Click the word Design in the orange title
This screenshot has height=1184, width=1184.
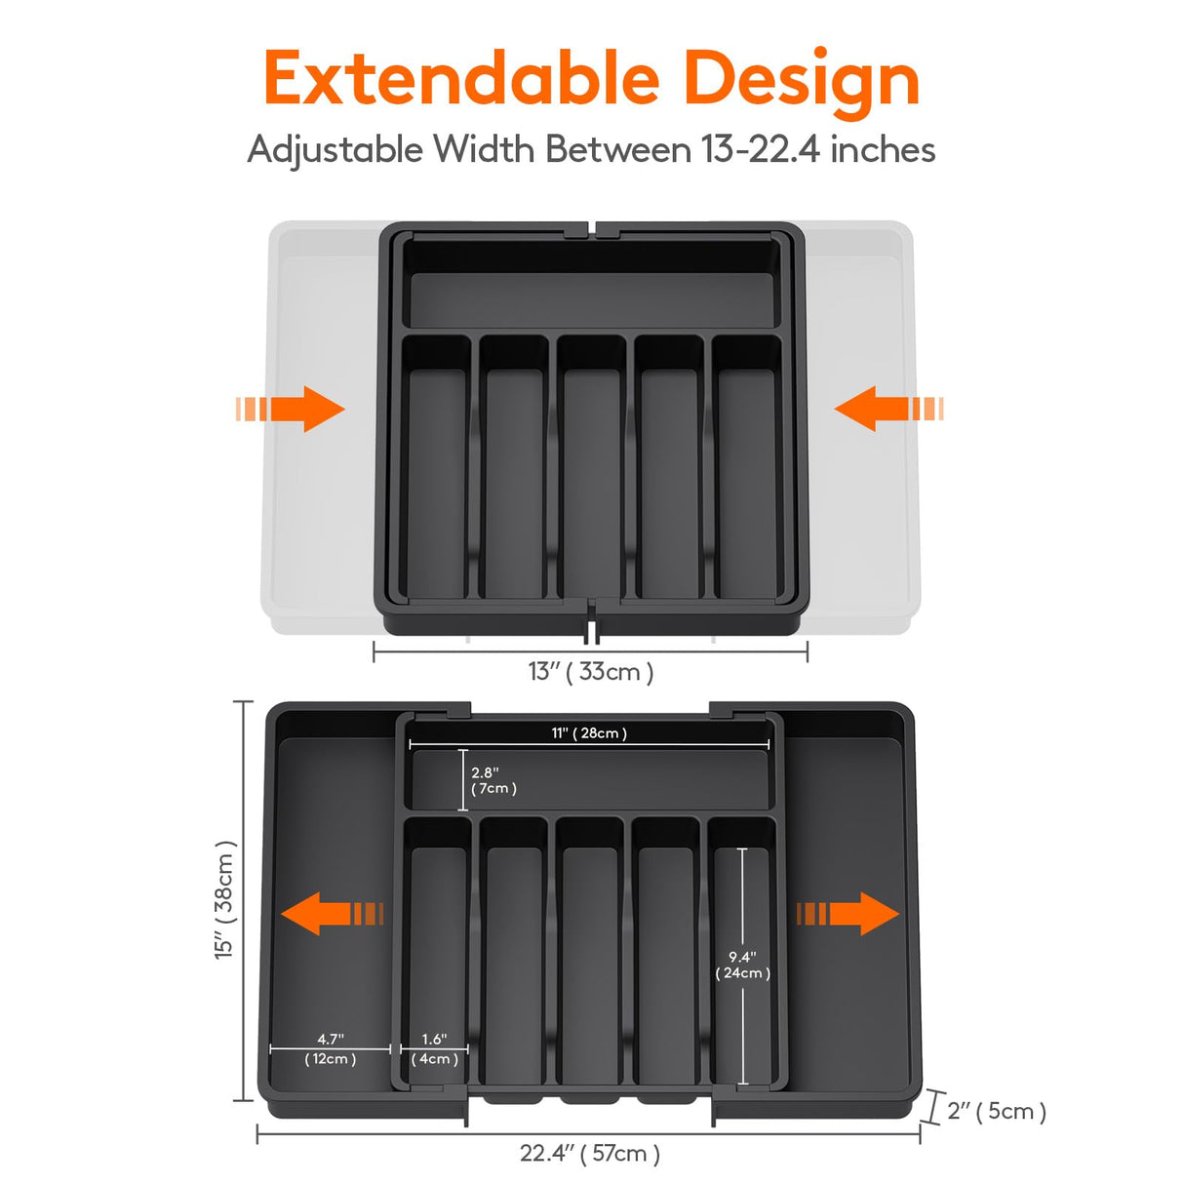tap(801, 80)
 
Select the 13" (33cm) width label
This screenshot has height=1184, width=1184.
tap(591, 671)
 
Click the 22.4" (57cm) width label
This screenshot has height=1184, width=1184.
tap(589, 1153)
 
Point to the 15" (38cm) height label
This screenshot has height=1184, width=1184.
tap(224, 899)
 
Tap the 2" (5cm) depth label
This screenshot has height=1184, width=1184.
tap(996, 1111)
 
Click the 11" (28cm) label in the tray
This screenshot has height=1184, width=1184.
tap(589, 732)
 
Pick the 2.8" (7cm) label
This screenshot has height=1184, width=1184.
tap(493, 780)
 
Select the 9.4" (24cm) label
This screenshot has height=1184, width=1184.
tap(742, 965)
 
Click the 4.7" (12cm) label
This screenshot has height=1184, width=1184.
tap(330, 1049)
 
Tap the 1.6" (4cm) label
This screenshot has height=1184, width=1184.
tap(434, 1049)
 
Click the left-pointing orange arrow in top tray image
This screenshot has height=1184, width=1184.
tap(888, 409)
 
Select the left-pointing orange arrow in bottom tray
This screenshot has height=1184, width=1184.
tap(332, 914)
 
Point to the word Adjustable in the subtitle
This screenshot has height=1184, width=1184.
tap(335, 149)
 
